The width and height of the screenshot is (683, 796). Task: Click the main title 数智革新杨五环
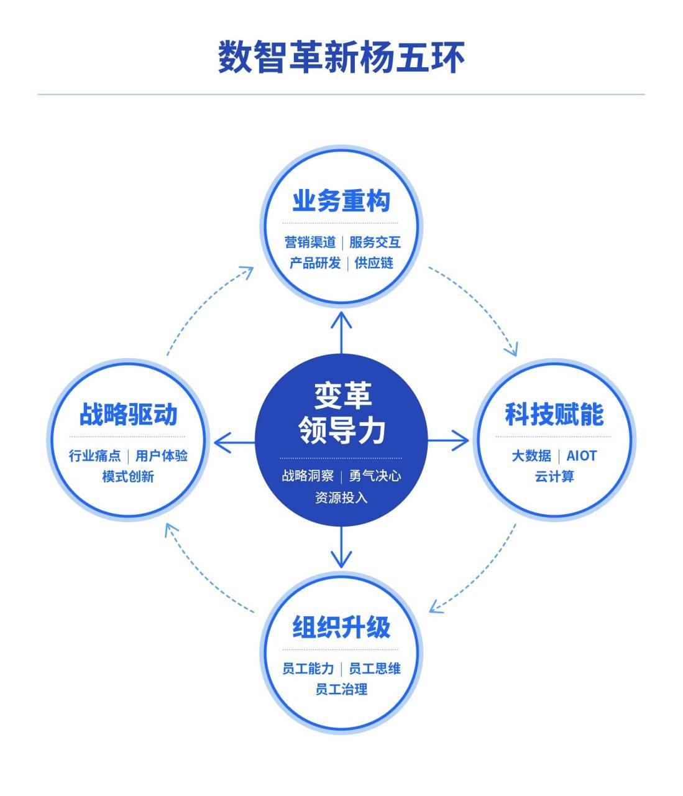click(341, 57)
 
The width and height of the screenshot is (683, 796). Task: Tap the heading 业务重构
click(341, 201)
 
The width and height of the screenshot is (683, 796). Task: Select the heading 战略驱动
click(128, 414)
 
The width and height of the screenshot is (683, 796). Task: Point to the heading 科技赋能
click(554, 414)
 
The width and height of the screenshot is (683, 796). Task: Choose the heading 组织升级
click(341, 627)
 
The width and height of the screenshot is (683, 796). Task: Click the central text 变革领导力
click(342, 412)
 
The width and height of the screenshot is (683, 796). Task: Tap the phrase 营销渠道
click(310, 243)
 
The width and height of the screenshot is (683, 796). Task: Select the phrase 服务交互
click(375, 243)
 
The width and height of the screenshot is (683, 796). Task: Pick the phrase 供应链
click(374, 263)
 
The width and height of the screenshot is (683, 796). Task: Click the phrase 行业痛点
click(94, 456)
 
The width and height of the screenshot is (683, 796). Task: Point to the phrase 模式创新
click(128, 476)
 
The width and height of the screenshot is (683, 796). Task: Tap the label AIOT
click(581, 456)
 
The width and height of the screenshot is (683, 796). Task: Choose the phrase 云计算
click(554, 476)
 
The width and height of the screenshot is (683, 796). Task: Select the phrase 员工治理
click(341, 689)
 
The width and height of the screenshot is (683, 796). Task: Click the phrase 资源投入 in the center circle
click(341, 497)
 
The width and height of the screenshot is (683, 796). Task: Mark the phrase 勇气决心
click(375, 476)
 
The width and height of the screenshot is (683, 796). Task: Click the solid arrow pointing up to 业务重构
click(341, 333)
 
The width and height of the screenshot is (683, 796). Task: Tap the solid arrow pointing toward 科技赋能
click(448, 440)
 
